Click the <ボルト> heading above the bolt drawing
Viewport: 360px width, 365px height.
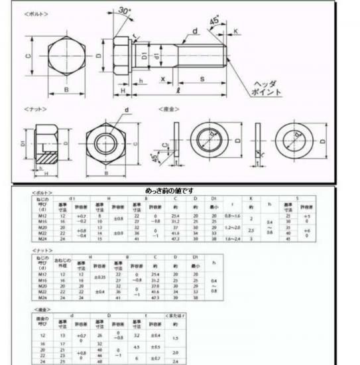38,14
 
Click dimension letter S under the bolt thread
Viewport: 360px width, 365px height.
201,79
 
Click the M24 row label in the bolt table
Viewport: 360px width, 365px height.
44,238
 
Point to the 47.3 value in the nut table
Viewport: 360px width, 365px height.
156,298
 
